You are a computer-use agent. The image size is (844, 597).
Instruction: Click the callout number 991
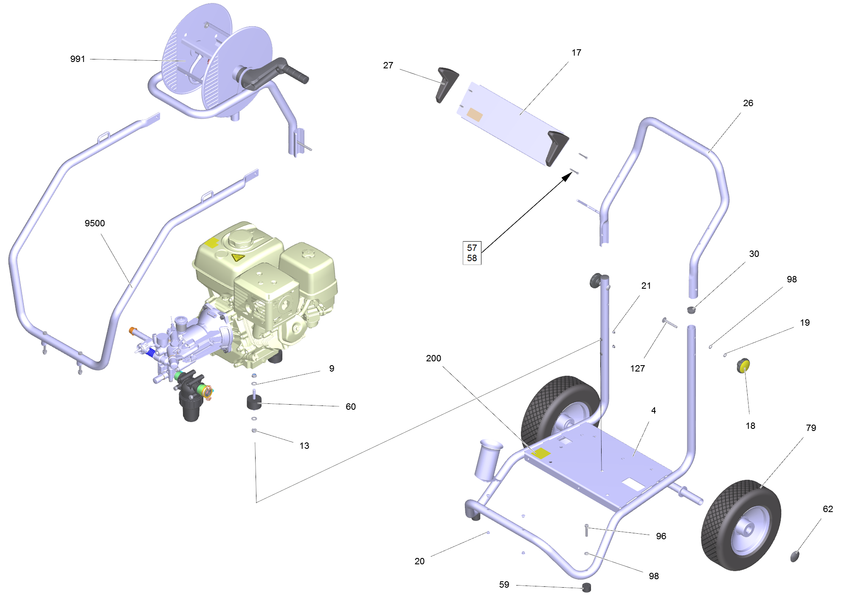(78, 59)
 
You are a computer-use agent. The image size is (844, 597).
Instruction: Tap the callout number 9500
(95, 223)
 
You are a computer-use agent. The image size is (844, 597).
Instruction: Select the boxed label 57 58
(472, 253)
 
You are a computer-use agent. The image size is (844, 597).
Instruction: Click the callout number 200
(433, 358)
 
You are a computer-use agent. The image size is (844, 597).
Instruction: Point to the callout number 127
(637, 369)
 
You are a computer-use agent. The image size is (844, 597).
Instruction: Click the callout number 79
(811, 428)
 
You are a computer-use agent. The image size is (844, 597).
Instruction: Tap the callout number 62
(828, 509)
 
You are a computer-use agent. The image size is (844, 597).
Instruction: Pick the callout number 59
(504, 585)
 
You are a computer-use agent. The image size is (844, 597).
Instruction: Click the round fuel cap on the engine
(241, 239)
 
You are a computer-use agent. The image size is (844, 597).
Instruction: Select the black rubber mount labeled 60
(254, 403)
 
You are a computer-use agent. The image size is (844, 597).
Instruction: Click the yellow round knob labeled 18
(743, 365)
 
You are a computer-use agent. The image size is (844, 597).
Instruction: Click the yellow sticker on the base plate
(541, 453)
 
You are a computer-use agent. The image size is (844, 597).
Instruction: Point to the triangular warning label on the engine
(237, 257)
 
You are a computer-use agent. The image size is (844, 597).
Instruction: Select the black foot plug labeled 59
(586, 588)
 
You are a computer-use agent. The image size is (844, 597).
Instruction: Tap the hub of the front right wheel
(748, 529)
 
